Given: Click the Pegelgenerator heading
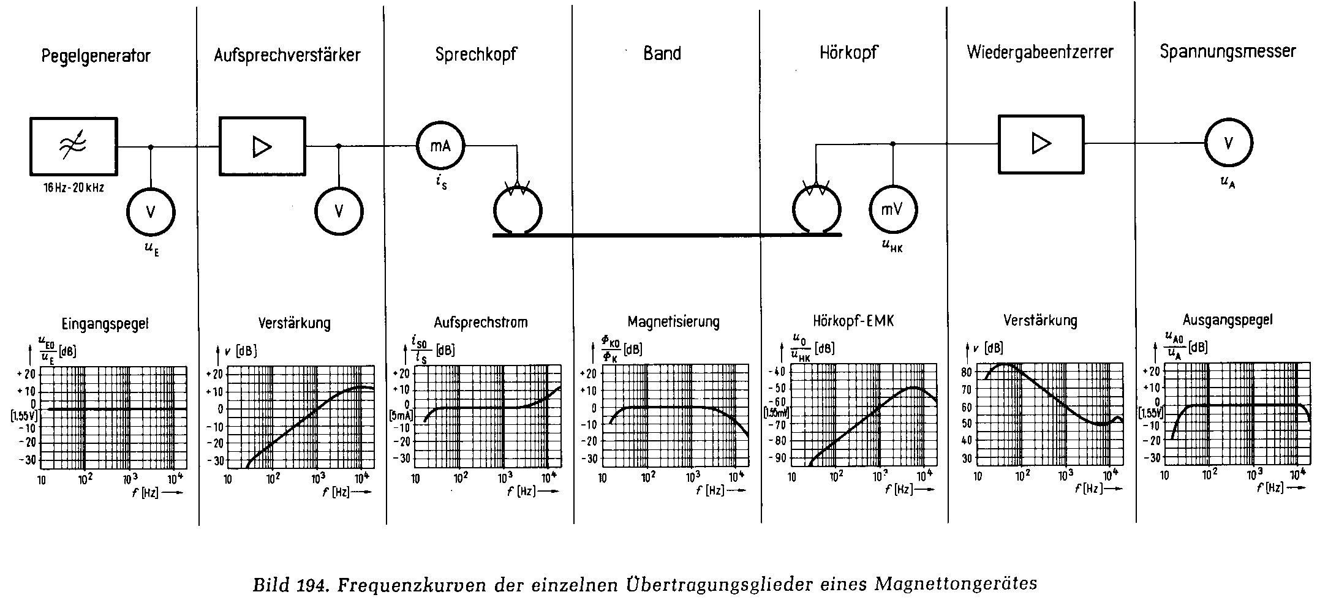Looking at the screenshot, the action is (x=96, y=56).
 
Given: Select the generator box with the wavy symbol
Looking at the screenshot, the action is (x=74, y=146).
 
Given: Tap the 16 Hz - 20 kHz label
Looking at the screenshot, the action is (x=74, y=188).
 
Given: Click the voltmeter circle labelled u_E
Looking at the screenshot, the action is (x=151, y=212).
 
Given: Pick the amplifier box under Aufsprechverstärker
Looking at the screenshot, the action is (x=262, y=146).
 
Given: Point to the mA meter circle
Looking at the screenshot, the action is (x=440, y=146).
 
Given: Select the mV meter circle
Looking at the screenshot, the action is (x=892, y=209).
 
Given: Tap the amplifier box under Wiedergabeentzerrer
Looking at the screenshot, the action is (x=1041, y=144).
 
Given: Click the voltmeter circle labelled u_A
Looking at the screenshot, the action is (x=1228, y=143).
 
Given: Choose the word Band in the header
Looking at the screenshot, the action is (x=662, y=54).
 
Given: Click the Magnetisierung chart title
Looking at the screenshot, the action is (x=673, y=321).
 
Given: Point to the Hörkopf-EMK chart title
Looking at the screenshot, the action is (x=853, y=320).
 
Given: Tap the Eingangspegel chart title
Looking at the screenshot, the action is (x=105, y=324).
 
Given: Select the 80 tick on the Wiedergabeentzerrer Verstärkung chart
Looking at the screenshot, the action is (x=967, y=372).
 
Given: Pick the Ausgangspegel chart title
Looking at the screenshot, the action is (x=1228, y=319).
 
